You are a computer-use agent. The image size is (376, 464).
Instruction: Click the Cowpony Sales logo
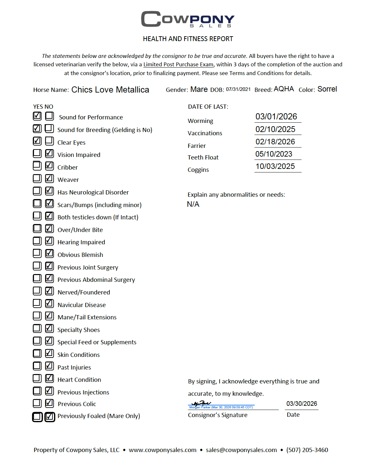point(188,19)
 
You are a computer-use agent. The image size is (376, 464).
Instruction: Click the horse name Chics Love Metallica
point(110,90)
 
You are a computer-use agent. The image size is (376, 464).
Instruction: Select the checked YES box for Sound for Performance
point(37,116)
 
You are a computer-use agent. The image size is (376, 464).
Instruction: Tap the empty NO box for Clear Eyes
point(50,141)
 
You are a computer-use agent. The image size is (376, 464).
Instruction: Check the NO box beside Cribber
point(50,166)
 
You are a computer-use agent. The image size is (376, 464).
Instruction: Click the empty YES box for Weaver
point(37,178)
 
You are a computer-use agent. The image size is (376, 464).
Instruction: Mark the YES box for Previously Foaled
point(37,417)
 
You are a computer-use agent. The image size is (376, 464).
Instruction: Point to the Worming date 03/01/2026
point(276,116)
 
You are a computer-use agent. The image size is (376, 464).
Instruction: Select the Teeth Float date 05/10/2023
point(274,154)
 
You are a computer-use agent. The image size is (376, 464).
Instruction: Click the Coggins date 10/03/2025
point(275,166)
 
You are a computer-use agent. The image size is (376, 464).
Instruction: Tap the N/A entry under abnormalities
point(193,204)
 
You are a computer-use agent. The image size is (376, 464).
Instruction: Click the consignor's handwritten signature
point(201,403)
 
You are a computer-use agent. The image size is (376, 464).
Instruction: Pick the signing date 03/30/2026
point(302,403)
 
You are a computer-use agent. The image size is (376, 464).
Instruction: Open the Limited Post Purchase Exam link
point(178,64)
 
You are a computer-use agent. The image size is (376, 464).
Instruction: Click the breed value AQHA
point(284,89)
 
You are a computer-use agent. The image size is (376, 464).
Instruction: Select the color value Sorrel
point(327,89)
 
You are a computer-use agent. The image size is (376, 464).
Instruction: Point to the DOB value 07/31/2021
point(238,89)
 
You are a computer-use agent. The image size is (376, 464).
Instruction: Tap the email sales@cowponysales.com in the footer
point(241,450)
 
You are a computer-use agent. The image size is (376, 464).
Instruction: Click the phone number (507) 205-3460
point(307,450)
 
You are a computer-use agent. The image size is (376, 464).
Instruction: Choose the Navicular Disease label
point(82,305)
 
